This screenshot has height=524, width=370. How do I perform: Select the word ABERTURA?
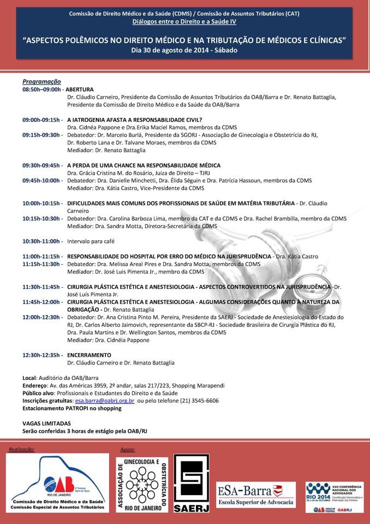pyautogui.click(x=81, y=88)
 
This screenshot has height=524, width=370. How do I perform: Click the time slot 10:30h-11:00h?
pyautogui.click(x=42, y=241)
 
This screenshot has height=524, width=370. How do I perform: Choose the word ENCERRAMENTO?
pyautogui.click(x=89, y=355)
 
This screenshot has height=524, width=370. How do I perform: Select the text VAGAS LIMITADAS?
pyautogui.click(x=46, y=423)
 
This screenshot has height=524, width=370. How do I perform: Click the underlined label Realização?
pyautogui.click(x=21, y=449)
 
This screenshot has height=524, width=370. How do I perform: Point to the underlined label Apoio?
pyautogui.click(x=127, y=449)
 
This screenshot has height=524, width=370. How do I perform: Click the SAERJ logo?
pyautogui.click(x=192, y=484)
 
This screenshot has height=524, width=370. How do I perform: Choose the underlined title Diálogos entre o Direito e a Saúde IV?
pyautogui.click(x=184, y=22)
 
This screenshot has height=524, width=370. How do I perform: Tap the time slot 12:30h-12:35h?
pyautogui.click(x=42, y=355)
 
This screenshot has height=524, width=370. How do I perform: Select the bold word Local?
pyautogui.click(x=29, y=377)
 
